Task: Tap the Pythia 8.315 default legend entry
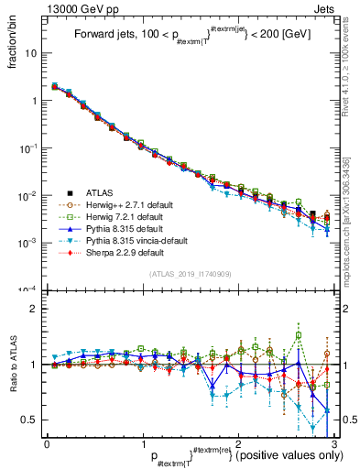(119, 228)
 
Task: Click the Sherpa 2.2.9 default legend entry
(119, 252)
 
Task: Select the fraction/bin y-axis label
(13, 41)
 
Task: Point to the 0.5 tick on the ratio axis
(29, 420)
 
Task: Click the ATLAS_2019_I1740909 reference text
(191, 274)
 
